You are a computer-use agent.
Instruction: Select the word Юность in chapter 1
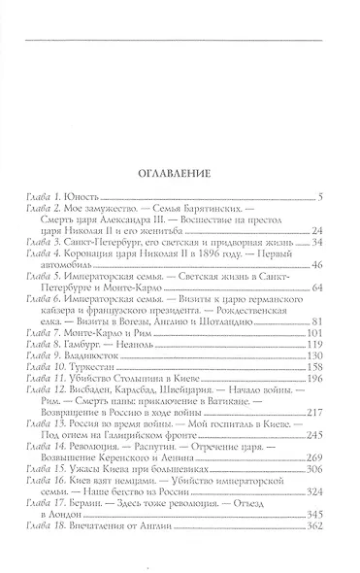pos(83,197)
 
